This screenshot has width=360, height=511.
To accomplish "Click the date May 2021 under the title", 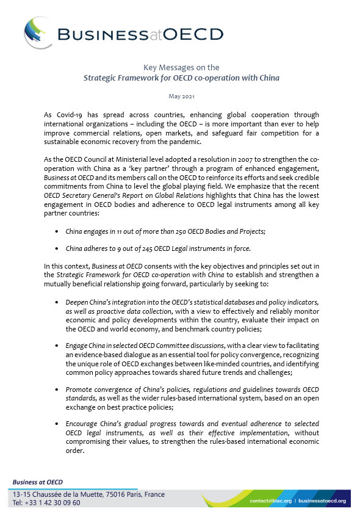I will tap(180, 96).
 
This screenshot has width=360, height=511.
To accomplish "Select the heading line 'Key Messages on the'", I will tap(180, 67).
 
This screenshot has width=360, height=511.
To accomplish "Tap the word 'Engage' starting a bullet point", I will tap(77, 346).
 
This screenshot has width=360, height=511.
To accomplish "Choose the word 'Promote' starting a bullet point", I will tap(80, 389).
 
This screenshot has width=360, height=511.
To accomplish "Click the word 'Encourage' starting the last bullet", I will tap(83, 423).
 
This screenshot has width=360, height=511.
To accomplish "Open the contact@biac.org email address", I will tap(271, 501).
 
